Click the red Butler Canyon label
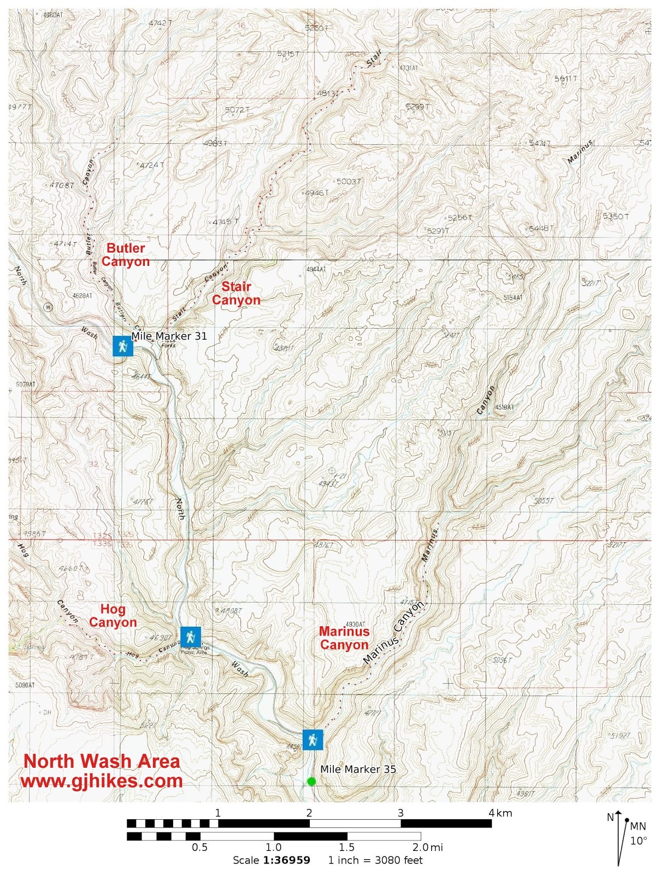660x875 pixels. click(126, 255)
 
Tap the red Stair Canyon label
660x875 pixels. click(236, 293)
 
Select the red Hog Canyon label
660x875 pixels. click(113, 616)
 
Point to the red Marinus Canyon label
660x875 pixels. click(344, 638)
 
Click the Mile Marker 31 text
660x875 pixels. click(169, 336)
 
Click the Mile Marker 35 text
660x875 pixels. click(358, 769)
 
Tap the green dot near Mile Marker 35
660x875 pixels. click(311, 781)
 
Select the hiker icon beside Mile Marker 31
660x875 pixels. click(123, 346)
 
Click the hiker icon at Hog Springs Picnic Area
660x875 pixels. click(190, 637)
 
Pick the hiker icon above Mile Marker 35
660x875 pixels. click(313, 740)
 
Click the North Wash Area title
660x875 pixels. click(102, 761)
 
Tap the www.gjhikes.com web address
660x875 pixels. click(102, 780)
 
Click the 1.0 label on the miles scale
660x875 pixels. click(273, 848)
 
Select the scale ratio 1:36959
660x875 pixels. click(287, 860)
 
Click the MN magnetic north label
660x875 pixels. click(638, 826)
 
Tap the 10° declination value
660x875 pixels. click(638, 841)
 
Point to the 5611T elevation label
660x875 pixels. click(565, 79)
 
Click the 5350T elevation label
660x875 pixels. click(616, 217)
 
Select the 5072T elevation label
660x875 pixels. click(237, 110)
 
